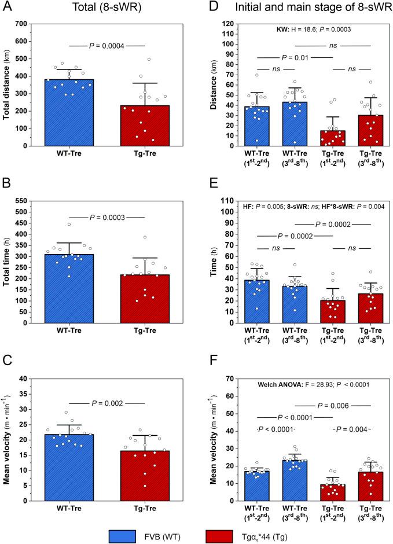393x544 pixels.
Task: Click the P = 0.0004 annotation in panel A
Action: click(107, 45)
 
